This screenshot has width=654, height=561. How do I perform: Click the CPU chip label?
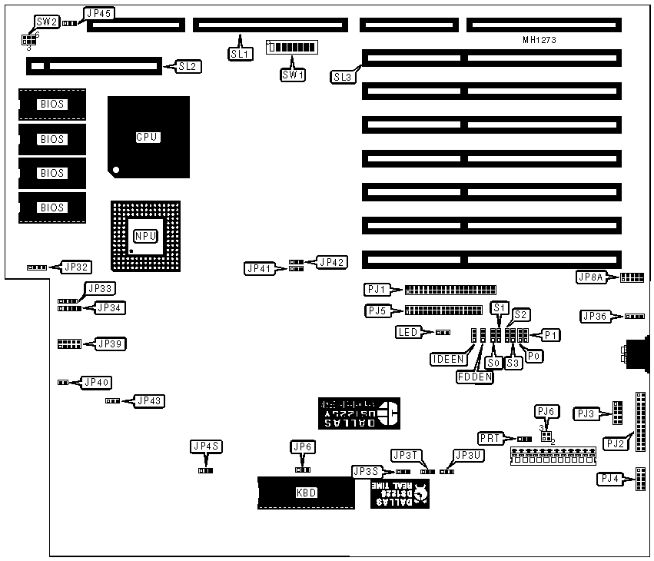tap(147, 138)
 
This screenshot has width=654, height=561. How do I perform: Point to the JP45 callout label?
tap(98, 14)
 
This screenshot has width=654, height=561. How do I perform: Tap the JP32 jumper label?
tap(77, 267)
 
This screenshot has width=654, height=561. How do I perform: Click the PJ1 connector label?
tap(376, 290)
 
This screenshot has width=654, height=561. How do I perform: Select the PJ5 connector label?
tap(376, 311)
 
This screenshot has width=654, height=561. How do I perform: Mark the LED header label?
tap(407, 332)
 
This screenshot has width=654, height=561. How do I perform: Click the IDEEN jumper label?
tap(447, 359)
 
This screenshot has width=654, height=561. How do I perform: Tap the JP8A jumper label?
tap(591, 277)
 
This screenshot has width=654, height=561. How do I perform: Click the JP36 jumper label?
tap(596, 316)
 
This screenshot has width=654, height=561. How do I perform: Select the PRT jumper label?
tap(490, 437)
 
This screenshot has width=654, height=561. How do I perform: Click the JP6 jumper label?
tap(302, 447)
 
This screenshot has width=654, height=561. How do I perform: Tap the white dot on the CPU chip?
tap(116, 169)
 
